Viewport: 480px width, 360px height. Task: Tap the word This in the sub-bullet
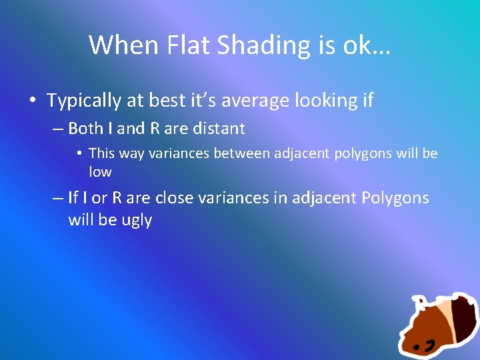(102, 153)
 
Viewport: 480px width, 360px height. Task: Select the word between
(238, 153)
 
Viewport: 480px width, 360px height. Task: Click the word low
(100, 172)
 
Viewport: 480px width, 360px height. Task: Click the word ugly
(137, 220)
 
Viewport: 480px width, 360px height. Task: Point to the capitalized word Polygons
(396, 198)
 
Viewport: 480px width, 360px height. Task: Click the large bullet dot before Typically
(33, 101)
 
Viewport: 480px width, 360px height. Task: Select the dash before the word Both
(58, 129)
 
